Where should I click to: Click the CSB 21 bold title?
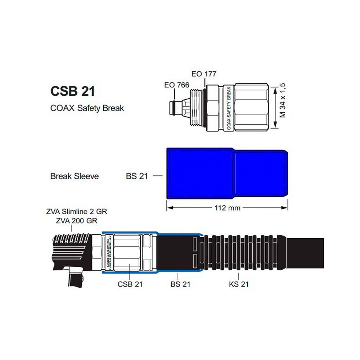pyautogui.click(x=72, y=91)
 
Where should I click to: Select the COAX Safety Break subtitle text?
pyautogui.click(x=87, y=108)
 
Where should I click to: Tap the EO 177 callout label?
pyautogui.click(x=204, y=74)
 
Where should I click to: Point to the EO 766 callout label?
pyautogui.click(x=176, y=85)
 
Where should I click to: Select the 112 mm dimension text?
pyautogui.click(x=227, y=208)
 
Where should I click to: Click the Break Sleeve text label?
pyautogui.click(x=75, y=176)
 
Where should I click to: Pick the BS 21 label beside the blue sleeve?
pyautogui.click(x=137, y=176)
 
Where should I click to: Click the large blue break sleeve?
pyautogui.click(x=227, y=173)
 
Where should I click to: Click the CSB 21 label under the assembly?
pyautogui.click(x=130, y=284)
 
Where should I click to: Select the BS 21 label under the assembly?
pyautogui.click(x=180, y=284)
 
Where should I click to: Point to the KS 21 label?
pyautogui.click(x=239, y=284)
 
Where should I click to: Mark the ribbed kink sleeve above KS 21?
pyautogui.click(x=241, y=252)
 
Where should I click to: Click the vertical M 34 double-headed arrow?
pyautogui.click(x=275, y=107)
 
